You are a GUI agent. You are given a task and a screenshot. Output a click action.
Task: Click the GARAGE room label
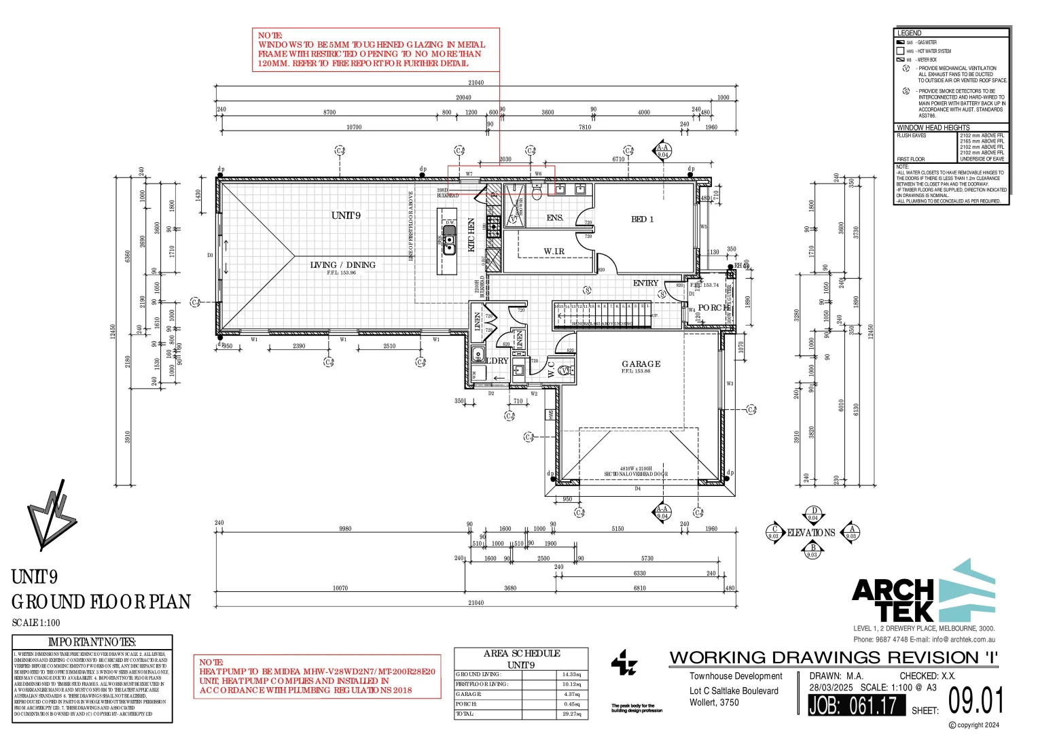click(x=641, y=364)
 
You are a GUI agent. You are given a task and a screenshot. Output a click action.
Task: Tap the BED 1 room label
click(x=642, y=220)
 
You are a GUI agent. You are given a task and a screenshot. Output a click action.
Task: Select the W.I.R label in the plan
click(x=554, y=251)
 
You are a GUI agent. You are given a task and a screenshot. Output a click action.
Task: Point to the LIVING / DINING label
click(x=342, y=265)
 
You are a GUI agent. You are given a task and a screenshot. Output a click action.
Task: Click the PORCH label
click(x=714, y=308)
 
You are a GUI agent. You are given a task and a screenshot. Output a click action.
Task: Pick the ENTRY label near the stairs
click(x=645, y=283)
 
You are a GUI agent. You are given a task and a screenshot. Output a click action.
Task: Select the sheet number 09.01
click(x=976, y=701)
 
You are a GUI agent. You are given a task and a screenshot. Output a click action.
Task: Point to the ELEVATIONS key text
click(x=811, y=533)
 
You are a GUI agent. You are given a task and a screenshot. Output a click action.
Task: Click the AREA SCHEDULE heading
click(x=522, y=653)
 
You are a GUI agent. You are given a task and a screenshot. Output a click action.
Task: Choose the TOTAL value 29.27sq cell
click(x=571, y=714)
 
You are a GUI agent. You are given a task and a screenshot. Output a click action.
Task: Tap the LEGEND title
click(x=909, y=33)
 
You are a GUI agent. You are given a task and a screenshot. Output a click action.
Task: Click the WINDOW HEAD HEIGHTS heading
click(x=933, y=128)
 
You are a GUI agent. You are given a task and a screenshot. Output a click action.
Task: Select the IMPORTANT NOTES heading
click(x=92, y=642)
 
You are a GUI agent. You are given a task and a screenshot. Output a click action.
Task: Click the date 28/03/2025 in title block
click(x=831, y=688)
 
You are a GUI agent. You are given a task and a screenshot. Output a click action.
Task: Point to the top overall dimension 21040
click(x=476, y=83)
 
